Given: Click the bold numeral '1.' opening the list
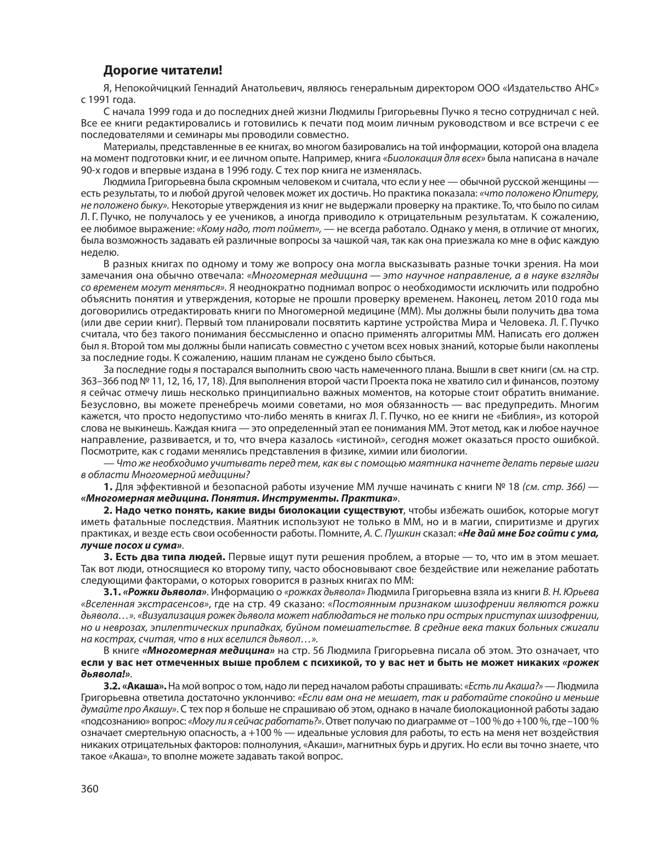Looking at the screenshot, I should click(x=108, y=487).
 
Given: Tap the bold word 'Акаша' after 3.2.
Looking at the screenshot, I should click(x=145, y=686).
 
